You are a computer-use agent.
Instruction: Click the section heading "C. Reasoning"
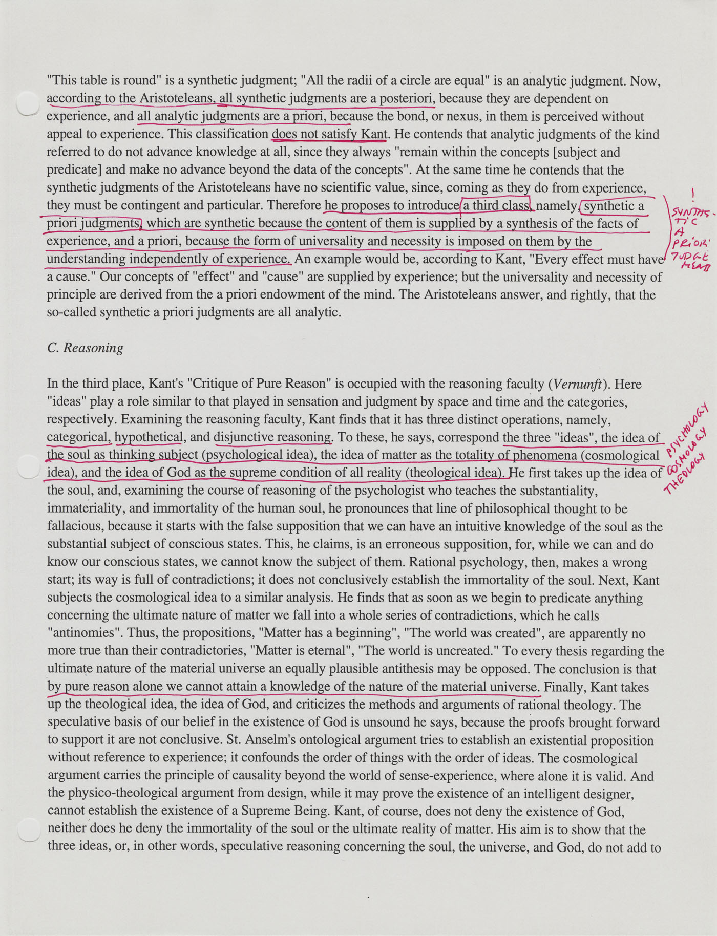[x=85, y=348]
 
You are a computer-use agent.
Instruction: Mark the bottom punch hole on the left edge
[x=28, y=829]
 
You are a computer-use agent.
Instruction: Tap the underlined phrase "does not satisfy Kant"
[x=329, y=134]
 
